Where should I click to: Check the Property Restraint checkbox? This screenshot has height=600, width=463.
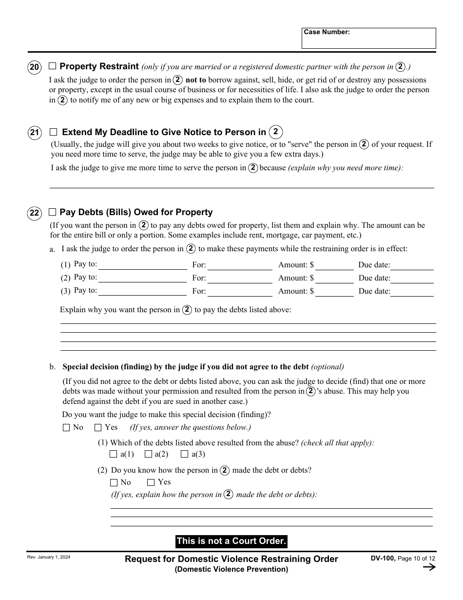pos(53,66)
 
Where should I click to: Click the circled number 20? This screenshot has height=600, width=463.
pos(35,67)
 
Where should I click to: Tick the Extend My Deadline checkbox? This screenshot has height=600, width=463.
pos(54,132)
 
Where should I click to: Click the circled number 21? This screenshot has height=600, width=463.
pos(35,133)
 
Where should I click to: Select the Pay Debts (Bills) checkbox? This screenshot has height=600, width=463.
pos(53,212)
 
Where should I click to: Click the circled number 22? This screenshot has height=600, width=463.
pos(35,213)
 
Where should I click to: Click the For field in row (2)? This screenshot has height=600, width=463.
pos(240,279)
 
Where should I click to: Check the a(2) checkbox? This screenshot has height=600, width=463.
pos(149,454)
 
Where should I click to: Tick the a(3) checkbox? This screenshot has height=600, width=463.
pos(185,454)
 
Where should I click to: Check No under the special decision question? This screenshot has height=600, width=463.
pos(66,428)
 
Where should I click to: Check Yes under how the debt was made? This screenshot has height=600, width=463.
pos(151,482)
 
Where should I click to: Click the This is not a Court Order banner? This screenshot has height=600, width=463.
pos(231,541)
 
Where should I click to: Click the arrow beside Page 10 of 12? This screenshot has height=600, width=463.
pos(429,567)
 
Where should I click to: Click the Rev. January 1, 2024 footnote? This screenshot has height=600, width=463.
pos(49,557)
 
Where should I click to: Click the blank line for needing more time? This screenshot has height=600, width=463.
pos(242,183)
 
